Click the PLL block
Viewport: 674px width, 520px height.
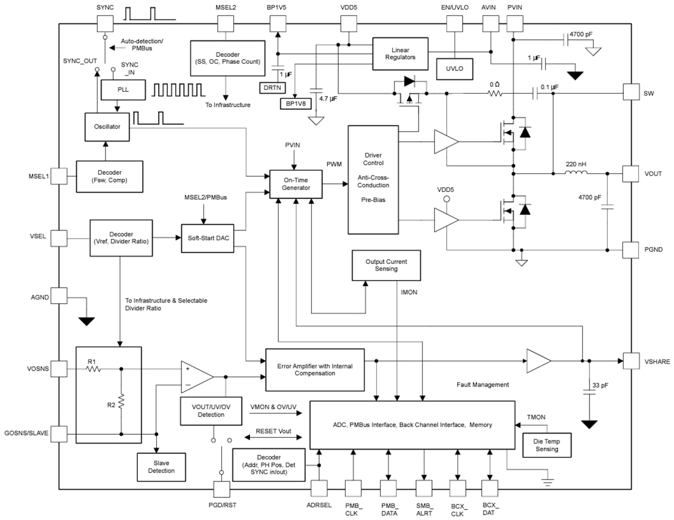(123, 89)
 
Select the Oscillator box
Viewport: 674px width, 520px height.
(107, 127)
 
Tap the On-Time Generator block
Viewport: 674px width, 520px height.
(296, 184)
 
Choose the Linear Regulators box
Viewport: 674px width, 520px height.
(400, 53)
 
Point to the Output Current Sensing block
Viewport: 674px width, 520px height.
(386, 265)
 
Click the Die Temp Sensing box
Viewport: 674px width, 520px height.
(547, 445)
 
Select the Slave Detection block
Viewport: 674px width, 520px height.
(161, 466)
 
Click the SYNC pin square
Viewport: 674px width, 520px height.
(105, 23)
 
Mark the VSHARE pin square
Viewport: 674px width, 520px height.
(631, 361)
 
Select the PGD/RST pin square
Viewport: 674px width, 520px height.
(221, 489)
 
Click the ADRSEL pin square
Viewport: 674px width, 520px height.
(319, 489)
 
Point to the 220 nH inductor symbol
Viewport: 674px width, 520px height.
(575, 173)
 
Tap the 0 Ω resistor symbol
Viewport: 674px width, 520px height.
(494, 93)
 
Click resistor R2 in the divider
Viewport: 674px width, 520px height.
(121, 402)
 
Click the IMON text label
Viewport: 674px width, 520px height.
(409, 293)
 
